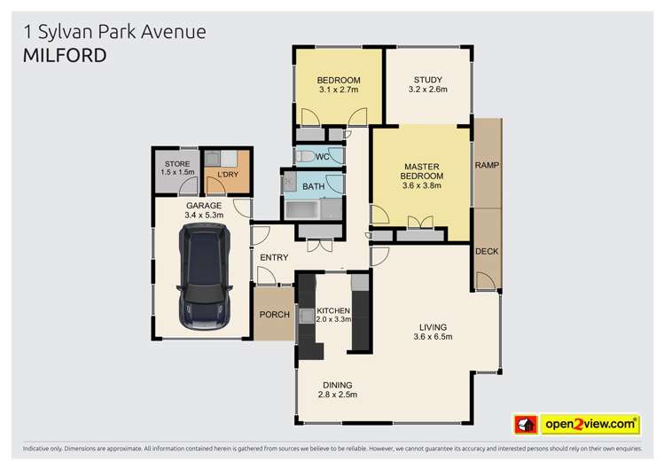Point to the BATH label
pos(313,186)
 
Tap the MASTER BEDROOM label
pos(423,171)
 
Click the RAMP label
pos(486,166)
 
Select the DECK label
pos(487,251)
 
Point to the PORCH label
pos(272,315)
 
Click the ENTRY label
pos(275,257)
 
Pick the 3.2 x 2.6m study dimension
pos(428,90)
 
